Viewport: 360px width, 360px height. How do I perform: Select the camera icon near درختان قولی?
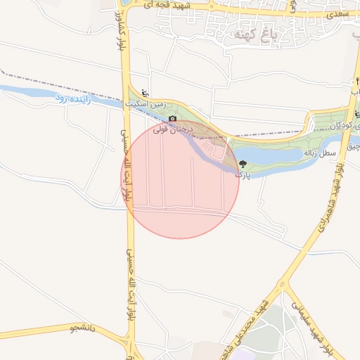(172, 119)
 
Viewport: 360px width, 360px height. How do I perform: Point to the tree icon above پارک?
(242, 163)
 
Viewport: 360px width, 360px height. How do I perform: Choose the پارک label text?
(241, 173)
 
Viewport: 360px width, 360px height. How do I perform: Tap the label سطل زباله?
(319, 153)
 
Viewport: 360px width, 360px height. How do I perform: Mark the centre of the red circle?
(180, 179)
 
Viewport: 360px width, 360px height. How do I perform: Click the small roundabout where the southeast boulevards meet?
(282, 285)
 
